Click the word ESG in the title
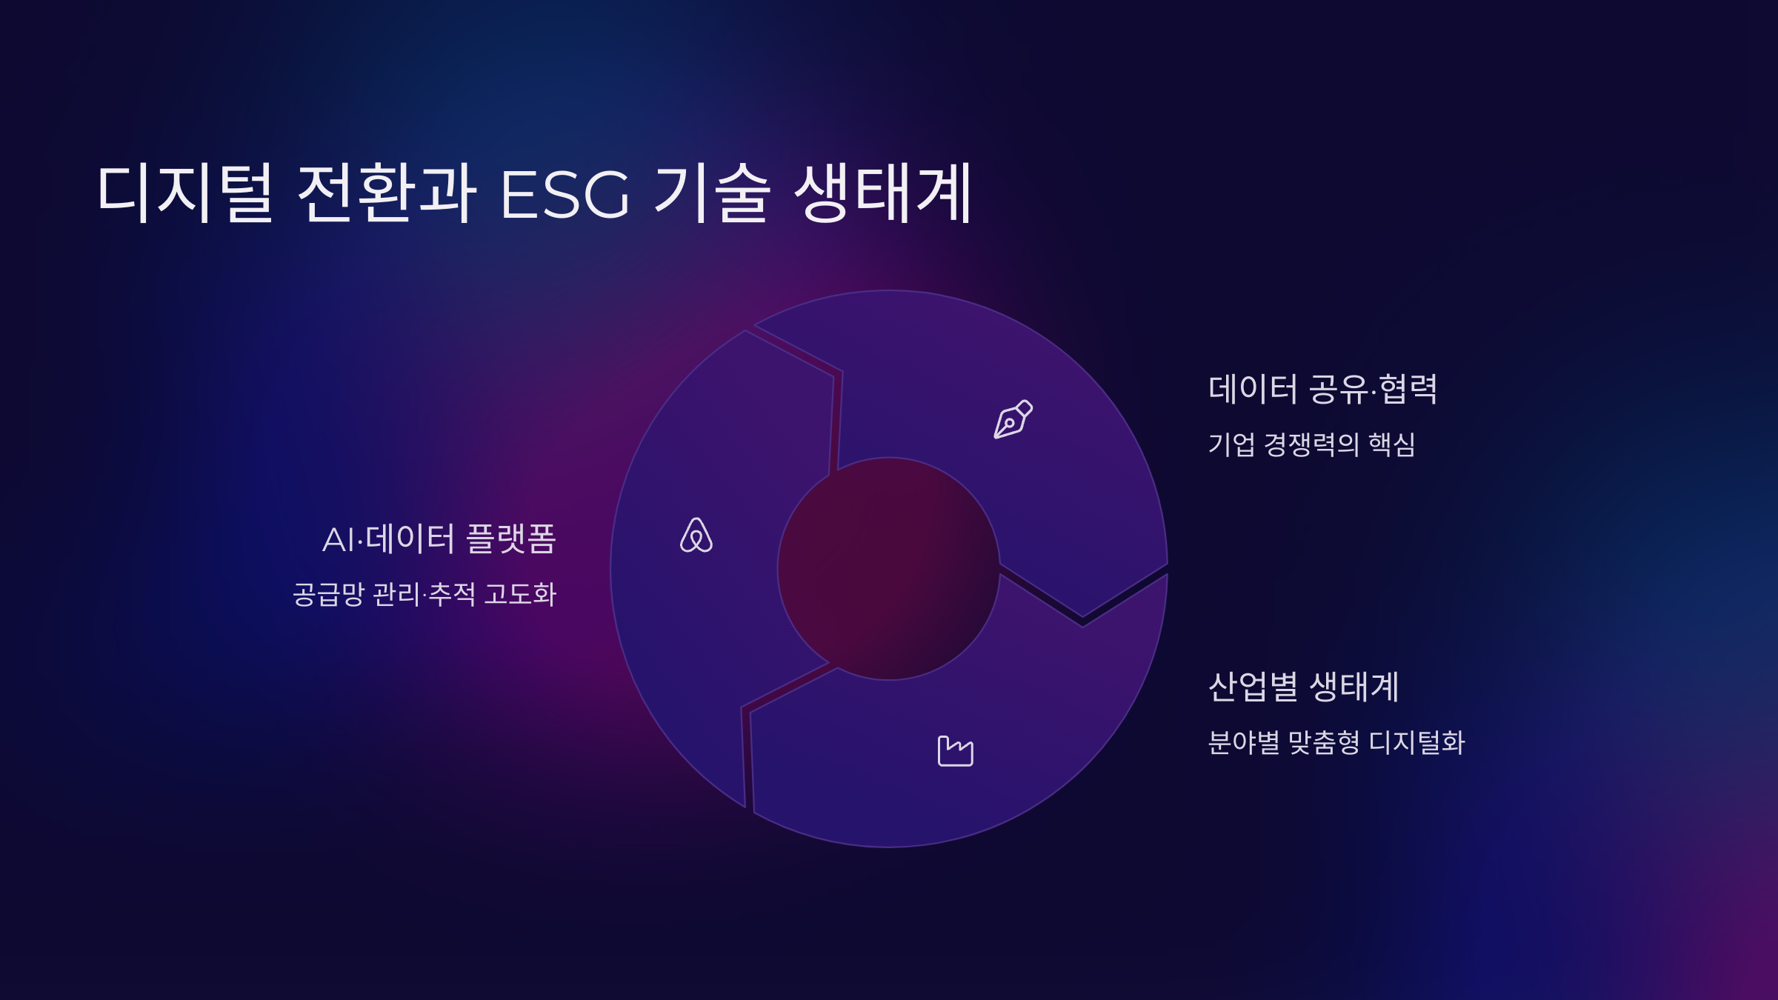click(x=565, y=194)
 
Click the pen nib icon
click(x=1013, y=419)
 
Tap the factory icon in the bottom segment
click(x=955, y=751)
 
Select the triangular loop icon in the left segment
click(x=696, y=536)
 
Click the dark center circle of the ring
click(x=889, y=569)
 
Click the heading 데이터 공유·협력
click(x=1322, y=389)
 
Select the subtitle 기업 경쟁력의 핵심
click(x=1311, y=444)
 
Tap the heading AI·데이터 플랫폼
click(x=439, y=539)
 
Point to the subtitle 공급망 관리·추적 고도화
click(x=424, y=594)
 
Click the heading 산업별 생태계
click(x=1304, y=686)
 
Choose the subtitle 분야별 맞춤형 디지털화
click(x=1336, y=742)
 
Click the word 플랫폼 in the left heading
click(x=511, y=539)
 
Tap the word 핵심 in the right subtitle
click(x=1392, y=444)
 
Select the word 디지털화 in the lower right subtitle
click(x=1416, y=742)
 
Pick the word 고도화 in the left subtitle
click(x=520, y=594)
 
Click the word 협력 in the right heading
click(x=1408, y=389)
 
